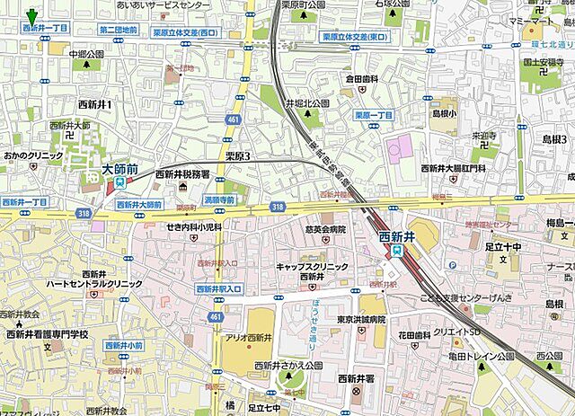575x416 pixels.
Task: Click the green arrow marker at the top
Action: coord(32,15)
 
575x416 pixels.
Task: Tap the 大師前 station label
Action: coord(119,168)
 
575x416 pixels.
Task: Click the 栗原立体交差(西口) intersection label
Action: coord(185,34)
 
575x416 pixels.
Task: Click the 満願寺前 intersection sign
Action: coord(219,199)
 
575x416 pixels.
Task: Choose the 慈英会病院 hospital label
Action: coord(324,230)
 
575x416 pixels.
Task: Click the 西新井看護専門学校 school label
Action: coord(48,334)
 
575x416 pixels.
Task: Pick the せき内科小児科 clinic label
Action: coord(193,228)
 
